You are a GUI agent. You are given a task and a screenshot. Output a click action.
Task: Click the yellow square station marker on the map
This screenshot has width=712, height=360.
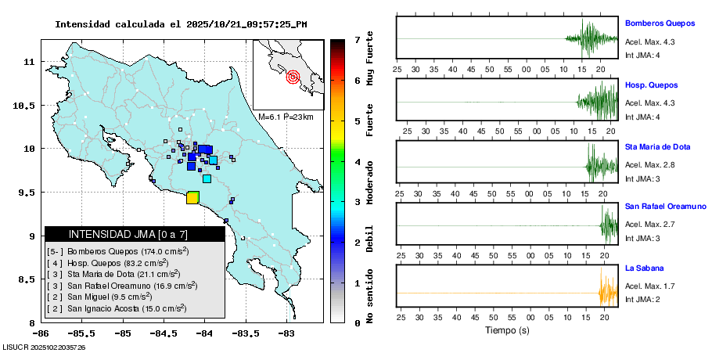(x=192, y=198)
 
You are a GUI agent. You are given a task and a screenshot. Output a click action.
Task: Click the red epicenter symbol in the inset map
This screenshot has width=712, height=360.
(x=293, y=77)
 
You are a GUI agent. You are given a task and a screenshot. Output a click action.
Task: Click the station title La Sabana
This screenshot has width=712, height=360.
(x=642, y=268)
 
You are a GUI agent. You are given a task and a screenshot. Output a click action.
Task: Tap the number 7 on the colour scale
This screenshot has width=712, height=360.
(x=356, y=39)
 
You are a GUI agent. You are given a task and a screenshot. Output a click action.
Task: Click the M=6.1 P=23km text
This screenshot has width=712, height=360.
(x=286, y=117)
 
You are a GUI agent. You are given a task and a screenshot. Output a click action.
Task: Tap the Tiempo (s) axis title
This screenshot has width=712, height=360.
(x=508, y=330)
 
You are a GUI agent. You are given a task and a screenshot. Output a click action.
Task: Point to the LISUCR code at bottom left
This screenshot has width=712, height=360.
(x=45, y=347)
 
